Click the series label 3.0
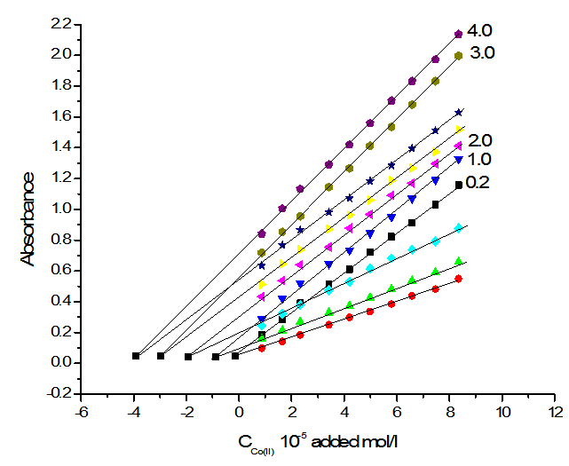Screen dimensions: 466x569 pyautogui.click(x=485, y=53)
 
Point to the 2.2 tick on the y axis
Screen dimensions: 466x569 pyautogui.click(x=59, y=23)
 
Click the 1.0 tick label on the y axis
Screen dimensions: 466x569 pyautogui.click(x=59, y=209)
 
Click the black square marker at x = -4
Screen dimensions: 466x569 pyautogui.click(x=136, y=356)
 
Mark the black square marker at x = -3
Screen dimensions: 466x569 pyautogui.click(x=161, y=356)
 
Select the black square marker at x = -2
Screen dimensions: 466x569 pyautogui.click(x=188, y=357)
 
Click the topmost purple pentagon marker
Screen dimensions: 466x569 pyautogui.click(x=458, y=34)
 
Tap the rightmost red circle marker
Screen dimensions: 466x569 pyautogui.click(x=458, y=279)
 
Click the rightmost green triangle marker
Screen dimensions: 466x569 pyautogui.click(x=458, y=261)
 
